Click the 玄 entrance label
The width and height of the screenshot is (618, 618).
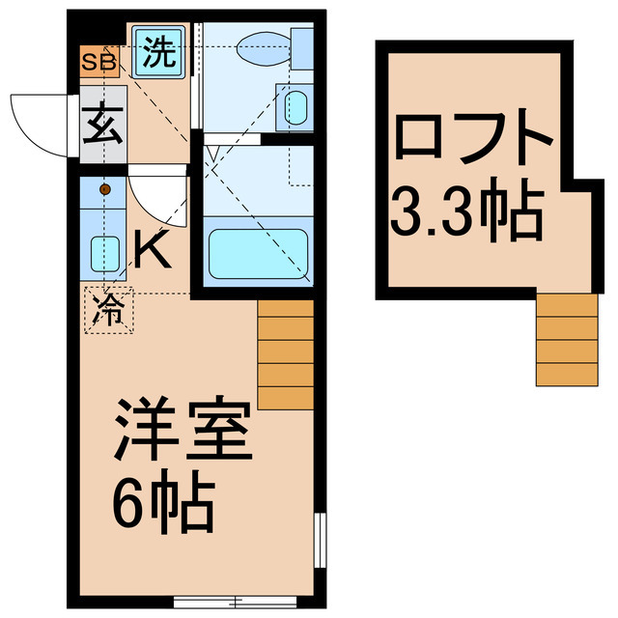(99, 126)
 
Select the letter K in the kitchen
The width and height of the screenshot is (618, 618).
(153, 252)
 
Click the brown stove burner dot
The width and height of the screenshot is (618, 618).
(104, 189)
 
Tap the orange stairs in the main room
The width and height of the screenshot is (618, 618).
(286, 353)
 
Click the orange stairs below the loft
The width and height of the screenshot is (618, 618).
(568, 338)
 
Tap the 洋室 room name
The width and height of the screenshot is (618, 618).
(183, 432)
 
